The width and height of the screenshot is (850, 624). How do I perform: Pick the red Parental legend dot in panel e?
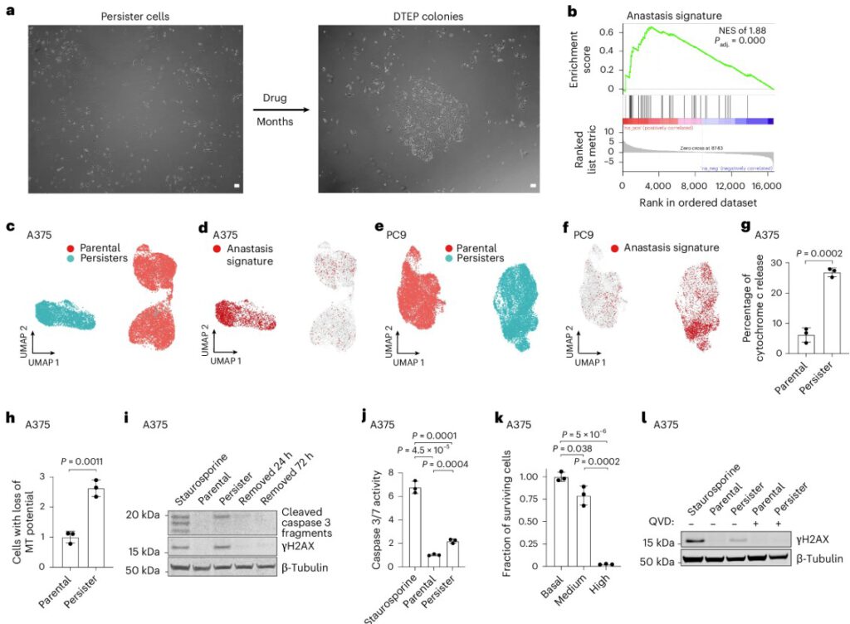click(x=449, y=247)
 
